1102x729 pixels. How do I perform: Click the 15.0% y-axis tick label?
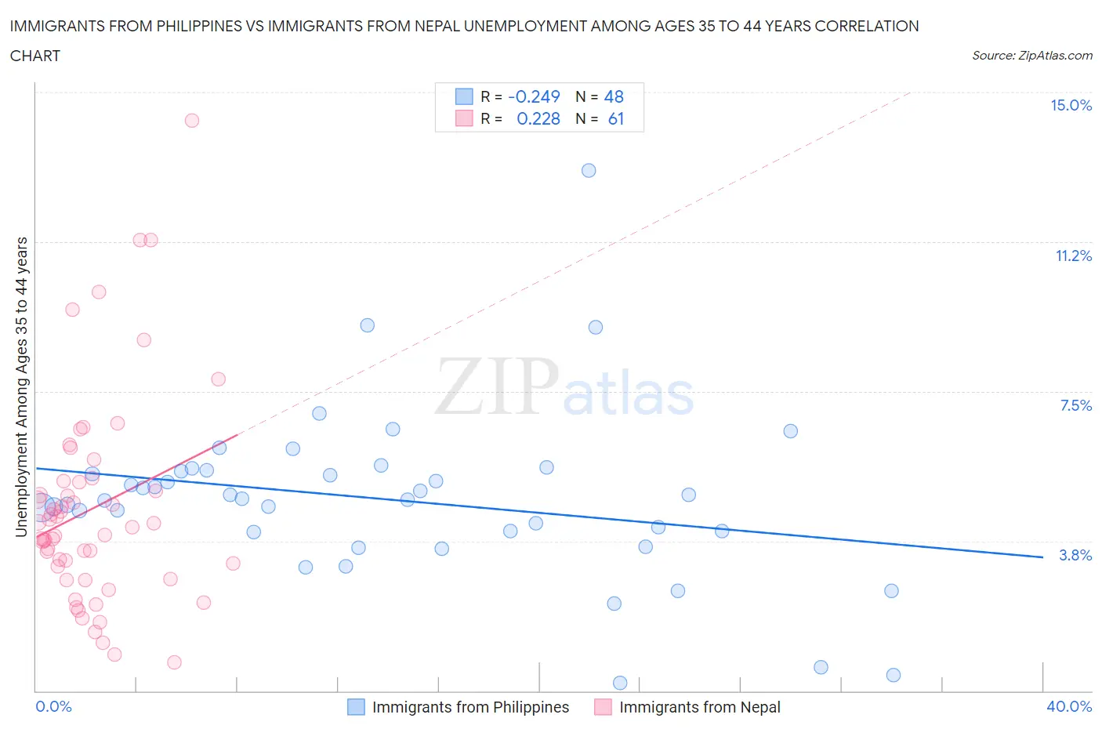coord(1071,106)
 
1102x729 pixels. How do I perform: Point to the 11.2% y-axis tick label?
coord(1073,256)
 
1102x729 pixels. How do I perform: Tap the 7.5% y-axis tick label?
coord(1075,405)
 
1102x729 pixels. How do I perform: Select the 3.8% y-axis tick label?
coord(1075,555)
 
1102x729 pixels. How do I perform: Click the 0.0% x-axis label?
coord(53,706)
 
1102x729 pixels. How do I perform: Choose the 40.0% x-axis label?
coord(1069,706)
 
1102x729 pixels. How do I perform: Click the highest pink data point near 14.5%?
coord(192,121)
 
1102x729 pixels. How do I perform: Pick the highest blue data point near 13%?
coord(589,171)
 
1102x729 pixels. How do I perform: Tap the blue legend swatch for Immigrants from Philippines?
coord(356,707)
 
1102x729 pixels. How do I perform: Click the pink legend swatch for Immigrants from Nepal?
coord(603,707)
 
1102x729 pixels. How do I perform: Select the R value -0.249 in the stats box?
coord(534,96)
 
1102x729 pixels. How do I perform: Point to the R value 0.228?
coord(538,118)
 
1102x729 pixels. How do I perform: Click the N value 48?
coord(614,96)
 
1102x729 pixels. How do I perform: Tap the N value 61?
coord(616,118)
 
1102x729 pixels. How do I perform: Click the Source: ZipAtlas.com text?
coord(1031,55)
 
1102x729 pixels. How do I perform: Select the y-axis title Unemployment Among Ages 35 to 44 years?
coord(21,387)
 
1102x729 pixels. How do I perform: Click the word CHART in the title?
coord(35,56)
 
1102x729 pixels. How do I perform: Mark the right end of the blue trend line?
coord(1042,557)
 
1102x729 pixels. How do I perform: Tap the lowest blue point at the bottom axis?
coord(620,683)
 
